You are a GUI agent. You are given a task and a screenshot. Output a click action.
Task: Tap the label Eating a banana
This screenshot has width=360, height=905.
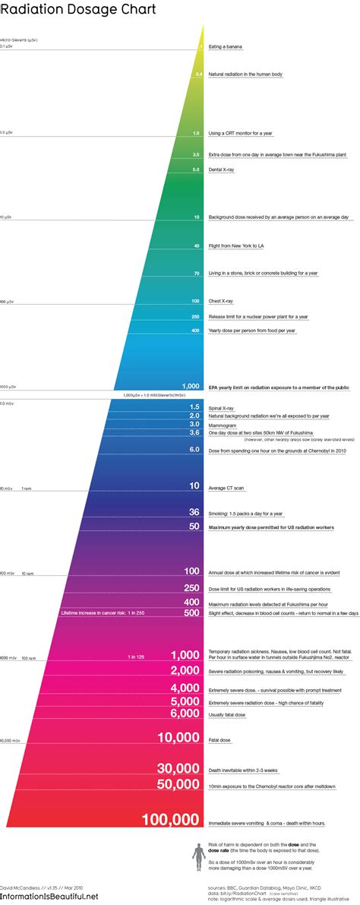[x=226, y=47]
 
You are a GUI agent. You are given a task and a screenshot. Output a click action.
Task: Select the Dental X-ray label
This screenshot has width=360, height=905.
[x=223, y=169]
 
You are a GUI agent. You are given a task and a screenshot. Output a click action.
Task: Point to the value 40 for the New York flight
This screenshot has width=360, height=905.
[x=197, y=245]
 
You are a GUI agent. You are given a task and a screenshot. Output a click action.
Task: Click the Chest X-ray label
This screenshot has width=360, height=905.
[x=222, y=301]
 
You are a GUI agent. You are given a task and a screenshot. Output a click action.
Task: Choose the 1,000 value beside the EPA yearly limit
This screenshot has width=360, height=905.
[x=191, y=387]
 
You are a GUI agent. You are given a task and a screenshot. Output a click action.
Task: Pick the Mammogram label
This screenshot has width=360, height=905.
[x=223, y=424]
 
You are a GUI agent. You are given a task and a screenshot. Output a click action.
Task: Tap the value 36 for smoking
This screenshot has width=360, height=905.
[x=194, y=512]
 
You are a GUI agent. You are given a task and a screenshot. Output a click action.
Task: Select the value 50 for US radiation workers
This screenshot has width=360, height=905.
[x=194, y=526]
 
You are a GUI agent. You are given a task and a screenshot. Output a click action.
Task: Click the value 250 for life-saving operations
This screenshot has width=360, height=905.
[x=192, y=588]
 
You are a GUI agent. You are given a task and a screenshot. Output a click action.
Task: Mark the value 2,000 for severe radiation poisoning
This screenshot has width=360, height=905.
[x=185, y=670]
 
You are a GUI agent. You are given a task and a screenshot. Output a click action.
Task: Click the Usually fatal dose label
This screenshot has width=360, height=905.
[x=228, y=714]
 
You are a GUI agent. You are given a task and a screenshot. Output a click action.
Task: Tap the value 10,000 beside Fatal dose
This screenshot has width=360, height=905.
[x=178, y=737]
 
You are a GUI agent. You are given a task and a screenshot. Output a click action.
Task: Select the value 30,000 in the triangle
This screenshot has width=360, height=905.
[x=178, y=768]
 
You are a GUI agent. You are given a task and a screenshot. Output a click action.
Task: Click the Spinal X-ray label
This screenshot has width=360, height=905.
[x=222, y=407]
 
